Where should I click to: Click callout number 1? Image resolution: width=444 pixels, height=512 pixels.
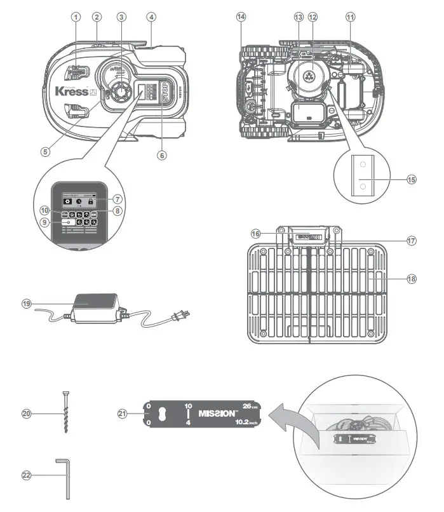click(x=76, y=17)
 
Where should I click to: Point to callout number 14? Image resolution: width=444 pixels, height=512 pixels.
click(x=241, y=17)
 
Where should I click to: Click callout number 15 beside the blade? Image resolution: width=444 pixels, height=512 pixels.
click(x=412, y=179)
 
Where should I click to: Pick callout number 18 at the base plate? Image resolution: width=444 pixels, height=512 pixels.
click(x=412, y=278)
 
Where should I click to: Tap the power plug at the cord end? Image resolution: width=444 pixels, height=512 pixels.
click(x=181, y=314)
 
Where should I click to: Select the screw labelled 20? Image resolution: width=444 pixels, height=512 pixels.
click(x=65, y=413)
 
